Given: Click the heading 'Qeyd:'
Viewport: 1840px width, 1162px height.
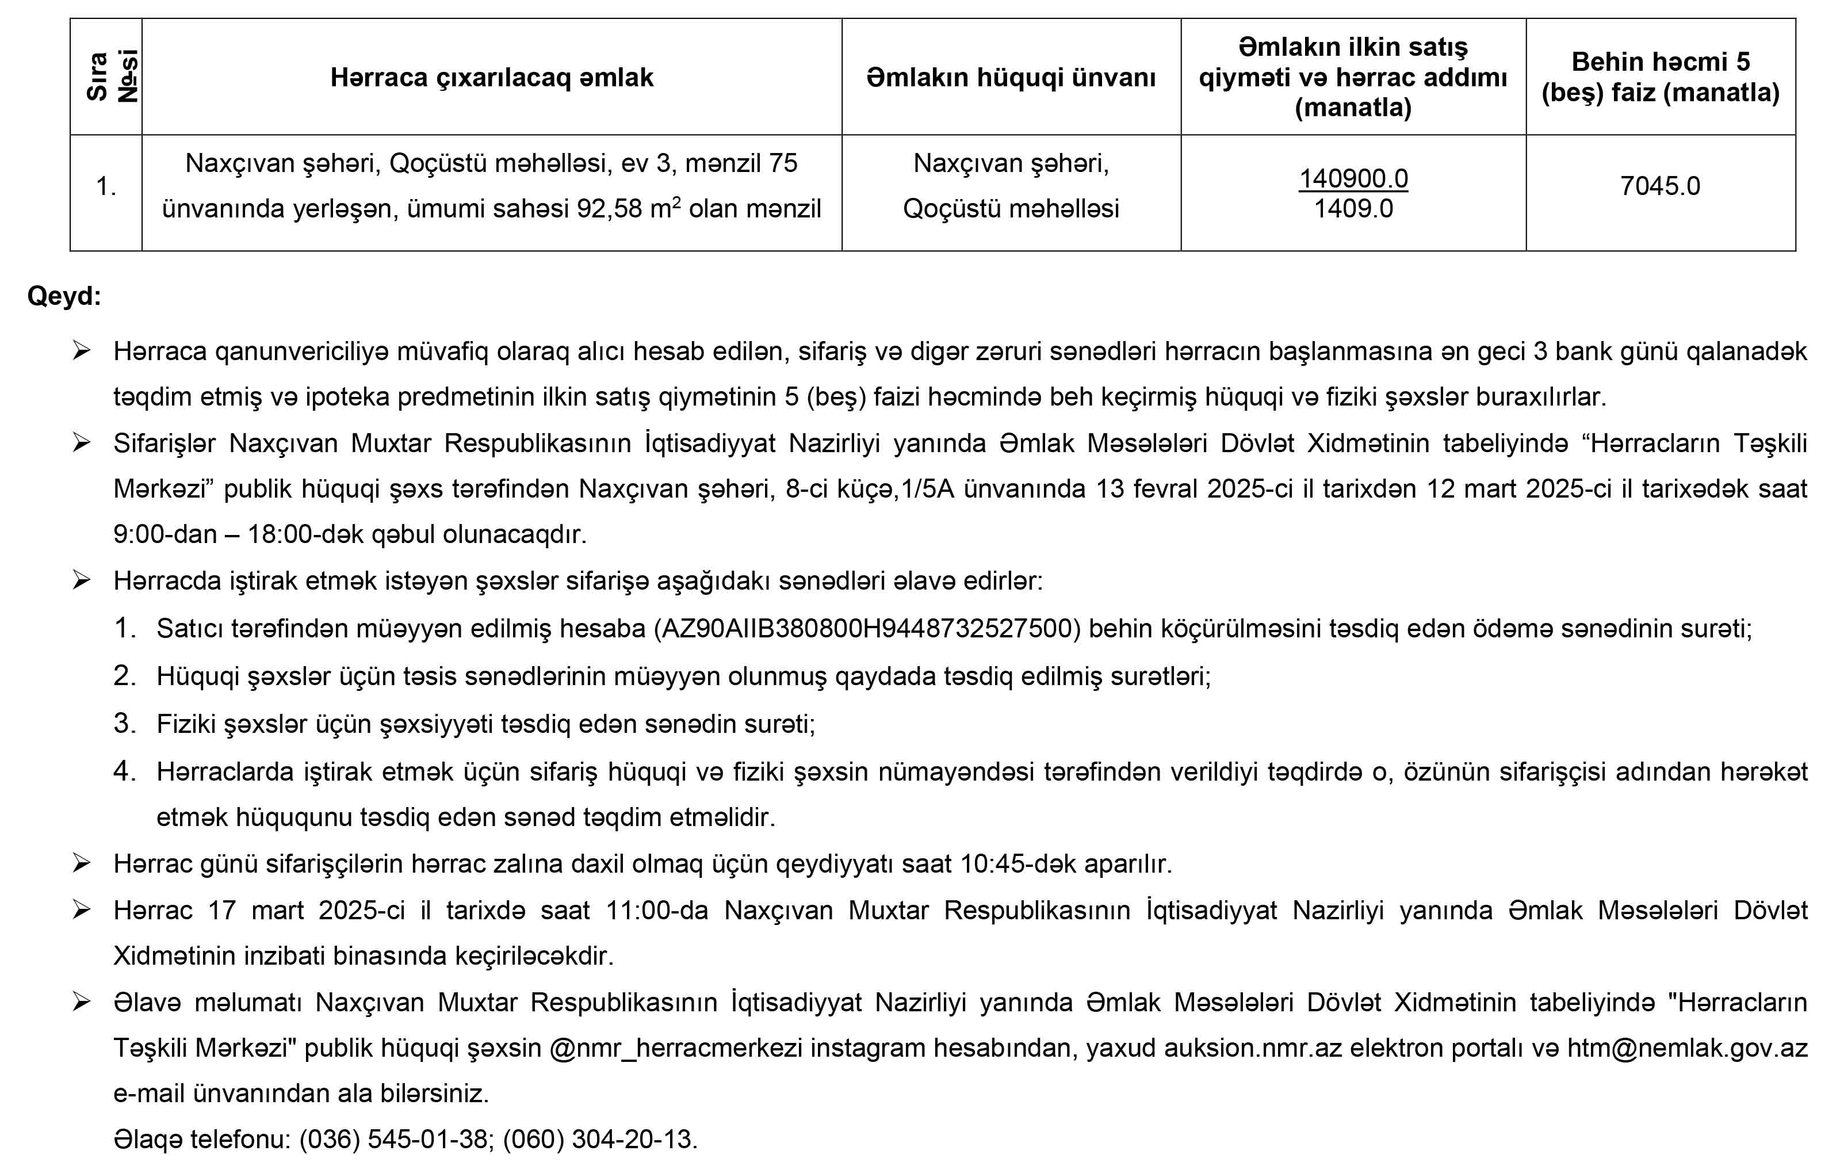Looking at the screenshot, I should [x=64, y=296].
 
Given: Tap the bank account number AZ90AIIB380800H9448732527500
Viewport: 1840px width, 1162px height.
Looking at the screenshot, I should [x=867, y=628].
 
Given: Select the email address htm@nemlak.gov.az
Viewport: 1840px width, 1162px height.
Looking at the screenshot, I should [x=1686, y=1048].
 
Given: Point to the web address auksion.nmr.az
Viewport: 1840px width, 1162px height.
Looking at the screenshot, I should [x=1253, y=1048].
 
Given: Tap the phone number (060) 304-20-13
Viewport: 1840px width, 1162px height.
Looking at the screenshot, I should [x=599, y=1139].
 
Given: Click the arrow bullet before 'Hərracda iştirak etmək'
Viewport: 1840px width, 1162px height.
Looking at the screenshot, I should [x=82, y=580].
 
